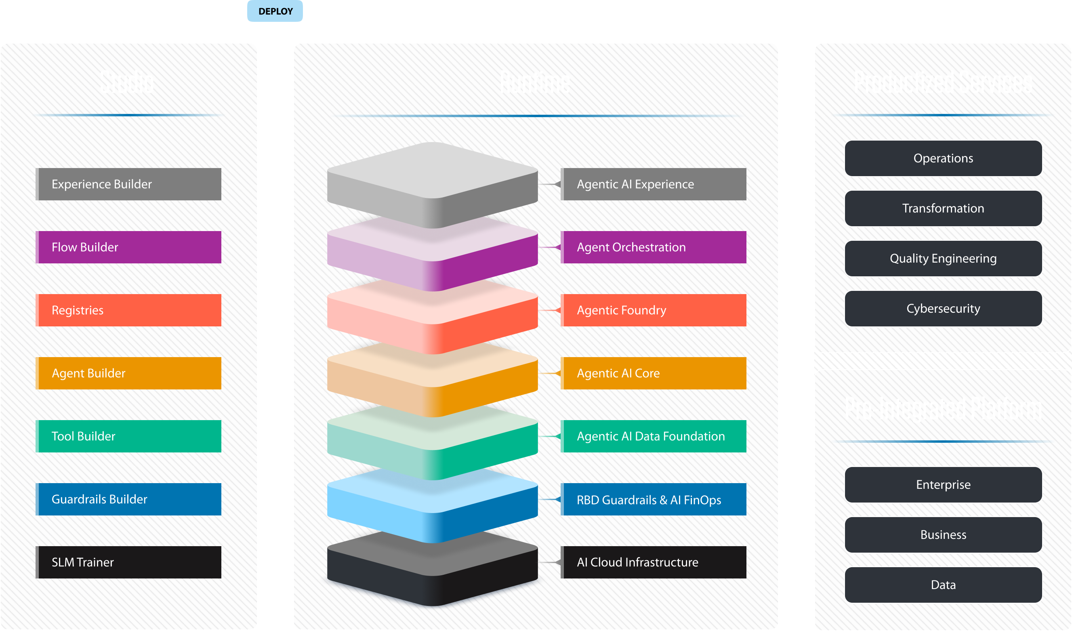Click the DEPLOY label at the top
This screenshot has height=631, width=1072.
275,11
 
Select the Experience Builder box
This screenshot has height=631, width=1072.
129,184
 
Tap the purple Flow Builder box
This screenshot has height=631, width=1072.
129,247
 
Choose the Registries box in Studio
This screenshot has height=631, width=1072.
129,310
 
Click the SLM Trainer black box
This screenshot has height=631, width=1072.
129,562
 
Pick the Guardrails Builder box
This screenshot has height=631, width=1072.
129,498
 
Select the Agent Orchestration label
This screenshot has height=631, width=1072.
654,247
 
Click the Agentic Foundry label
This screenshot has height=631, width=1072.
654,310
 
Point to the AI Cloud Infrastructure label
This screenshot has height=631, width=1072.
654,562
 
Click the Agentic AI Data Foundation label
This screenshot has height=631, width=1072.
654,436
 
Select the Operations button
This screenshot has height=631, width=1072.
943,158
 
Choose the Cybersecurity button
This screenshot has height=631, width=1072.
943,309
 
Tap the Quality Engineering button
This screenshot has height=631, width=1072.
943,258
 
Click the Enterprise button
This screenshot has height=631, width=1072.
943,484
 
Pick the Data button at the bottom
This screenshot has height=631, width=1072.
943,585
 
